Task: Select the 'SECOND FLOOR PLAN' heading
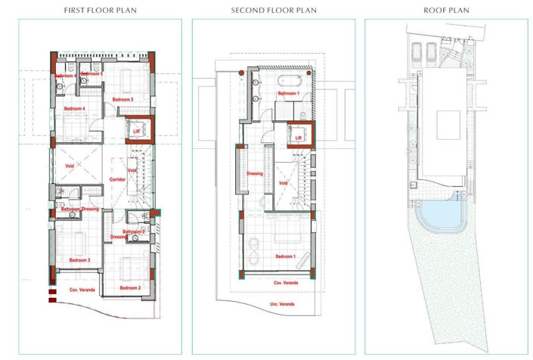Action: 274,11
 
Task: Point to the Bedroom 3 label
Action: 79,260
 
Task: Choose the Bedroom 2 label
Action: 130,288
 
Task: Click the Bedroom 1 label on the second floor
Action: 285,257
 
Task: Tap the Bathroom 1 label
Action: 288,93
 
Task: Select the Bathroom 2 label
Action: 134,231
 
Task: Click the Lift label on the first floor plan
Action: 137,131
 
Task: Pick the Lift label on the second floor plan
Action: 299,138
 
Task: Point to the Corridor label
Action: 116,180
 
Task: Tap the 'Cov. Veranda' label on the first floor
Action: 83,290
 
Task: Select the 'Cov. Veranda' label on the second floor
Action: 285,282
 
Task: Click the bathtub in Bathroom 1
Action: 290,79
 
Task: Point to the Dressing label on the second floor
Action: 255,174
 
